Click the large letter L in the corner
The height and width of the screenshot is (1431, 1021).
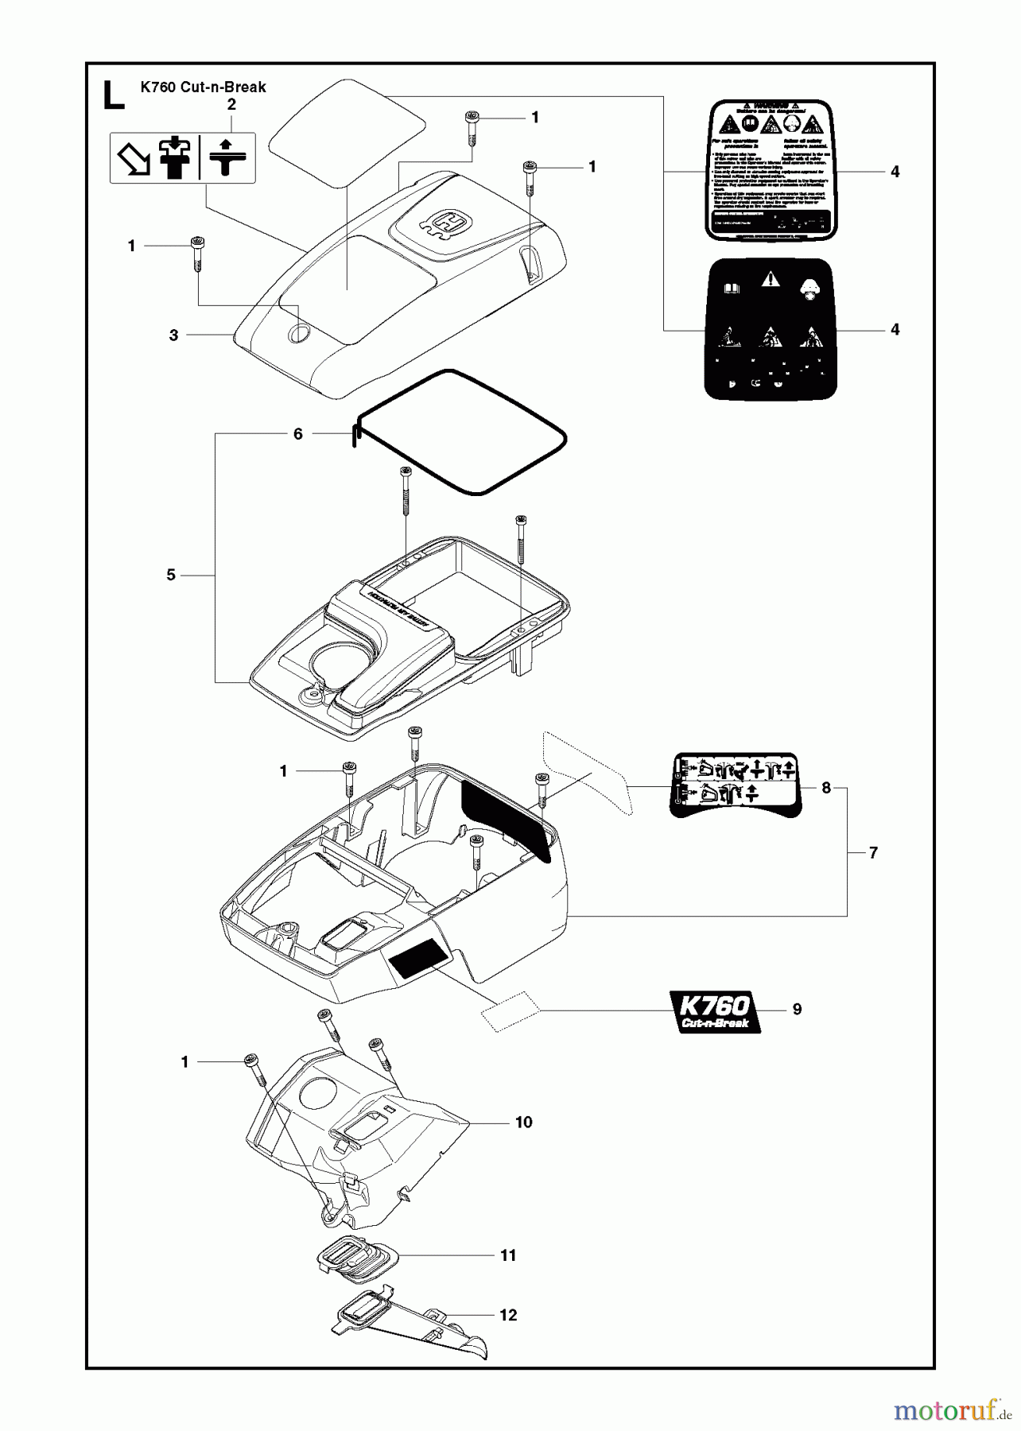tap(114, 95)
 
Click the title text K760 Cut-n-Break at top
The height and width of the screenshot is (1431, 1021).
tap(203, 87)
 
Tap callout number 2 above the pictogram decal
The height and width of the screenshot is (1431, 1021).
tap(231, 105)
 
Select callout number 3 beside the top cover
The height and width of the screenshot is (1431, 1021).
tap(174, 335)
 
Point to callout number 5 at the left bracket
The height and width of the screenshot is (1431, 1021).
tap(171, 575)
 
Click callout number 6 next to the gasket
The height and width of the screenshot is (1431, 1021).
tap(298, 434)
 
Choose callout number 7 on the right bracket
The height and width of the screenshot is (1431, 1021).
tap(873, 853)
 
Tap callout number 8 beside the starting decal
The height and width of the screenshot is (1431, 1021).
tap(826, 788)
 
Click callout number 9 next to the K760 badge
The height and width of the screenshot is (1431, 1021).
tap(797, 1009)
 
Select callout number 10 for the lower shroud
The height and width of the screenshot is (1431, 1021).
tap(523, 1123)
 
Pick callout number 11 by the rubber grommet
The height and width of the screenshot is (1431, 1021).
tap(508, 1255)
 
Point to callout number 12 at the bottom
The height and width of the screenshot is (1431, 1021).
tap(508, 1315)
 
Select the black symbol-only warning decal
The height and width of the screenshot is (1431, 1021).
tap(771, 328)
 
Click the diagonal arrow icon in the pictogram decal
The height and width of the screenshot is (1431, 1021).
tap(134, 159)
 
